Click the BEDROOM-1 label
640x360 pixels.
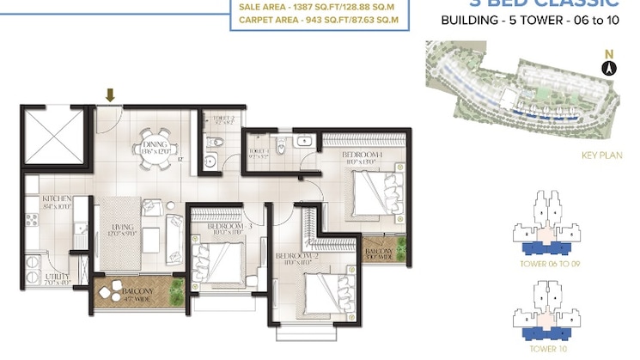[x=363, y=154]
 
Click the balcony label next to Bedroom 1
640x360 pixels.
[x=379, y=252]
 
